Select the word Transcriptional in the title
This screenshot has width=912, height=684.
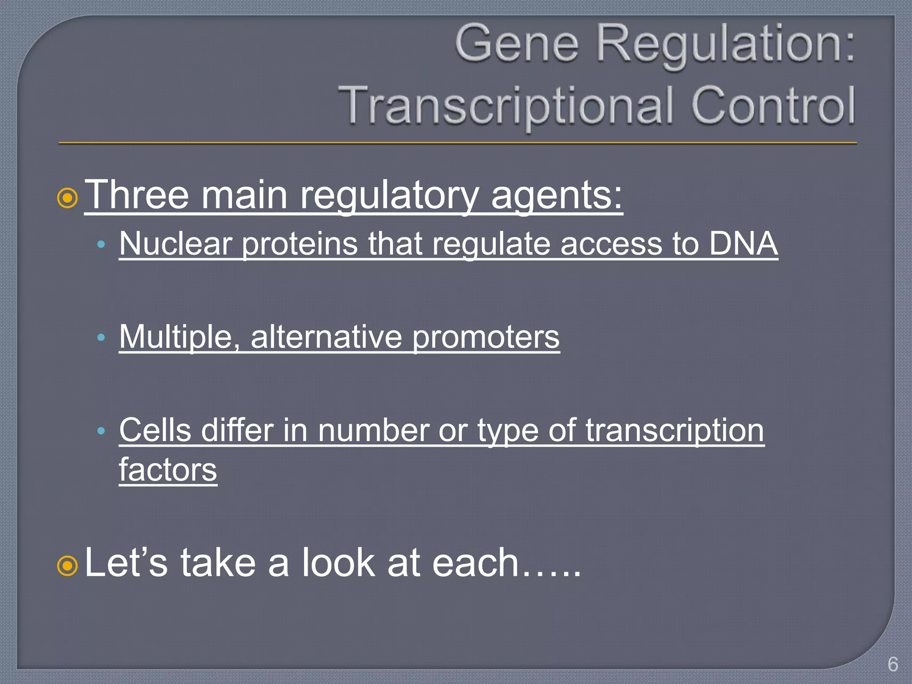tap(505, 106)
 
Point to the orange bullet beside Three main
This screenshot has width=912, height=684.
tap(68, 199)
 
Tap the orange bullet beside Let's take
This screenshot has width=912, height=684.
tap(68, 566)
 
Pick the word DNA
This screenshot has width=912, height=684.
tap(743, 244)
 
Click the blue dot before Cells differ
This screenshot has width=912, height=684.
tap(101, 431)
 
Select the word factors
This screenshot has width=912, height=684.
tap(168, 470)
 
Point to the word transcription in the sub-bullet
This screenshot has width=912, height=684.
tap(675, 431)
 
